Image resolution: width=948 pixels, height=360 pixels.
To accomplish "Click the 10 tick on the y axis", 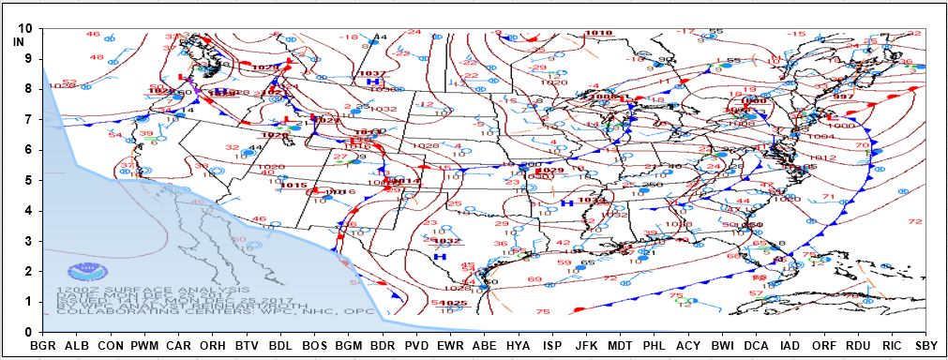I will [24, 28].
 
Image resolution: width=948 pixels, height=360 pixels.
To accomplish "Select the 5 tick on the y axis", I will [28, 180].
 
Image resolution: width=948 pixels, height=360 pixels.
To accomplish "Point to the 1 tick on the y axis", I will [28, 301].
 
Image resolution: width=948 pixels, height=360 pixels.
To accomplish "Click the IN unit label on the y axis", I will [19, 41].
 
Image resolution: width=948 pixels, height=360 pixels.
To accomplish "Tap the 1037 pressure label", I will [372, 73].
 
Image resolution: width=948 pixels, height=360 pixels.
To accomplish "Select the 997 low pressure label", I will [842, 97].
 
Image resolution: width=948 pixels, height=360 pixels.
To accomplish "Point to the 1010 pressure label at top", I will [598, 34].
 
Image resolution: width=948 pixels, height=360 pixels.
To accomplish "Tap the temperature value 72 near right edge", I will [915, 221].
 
